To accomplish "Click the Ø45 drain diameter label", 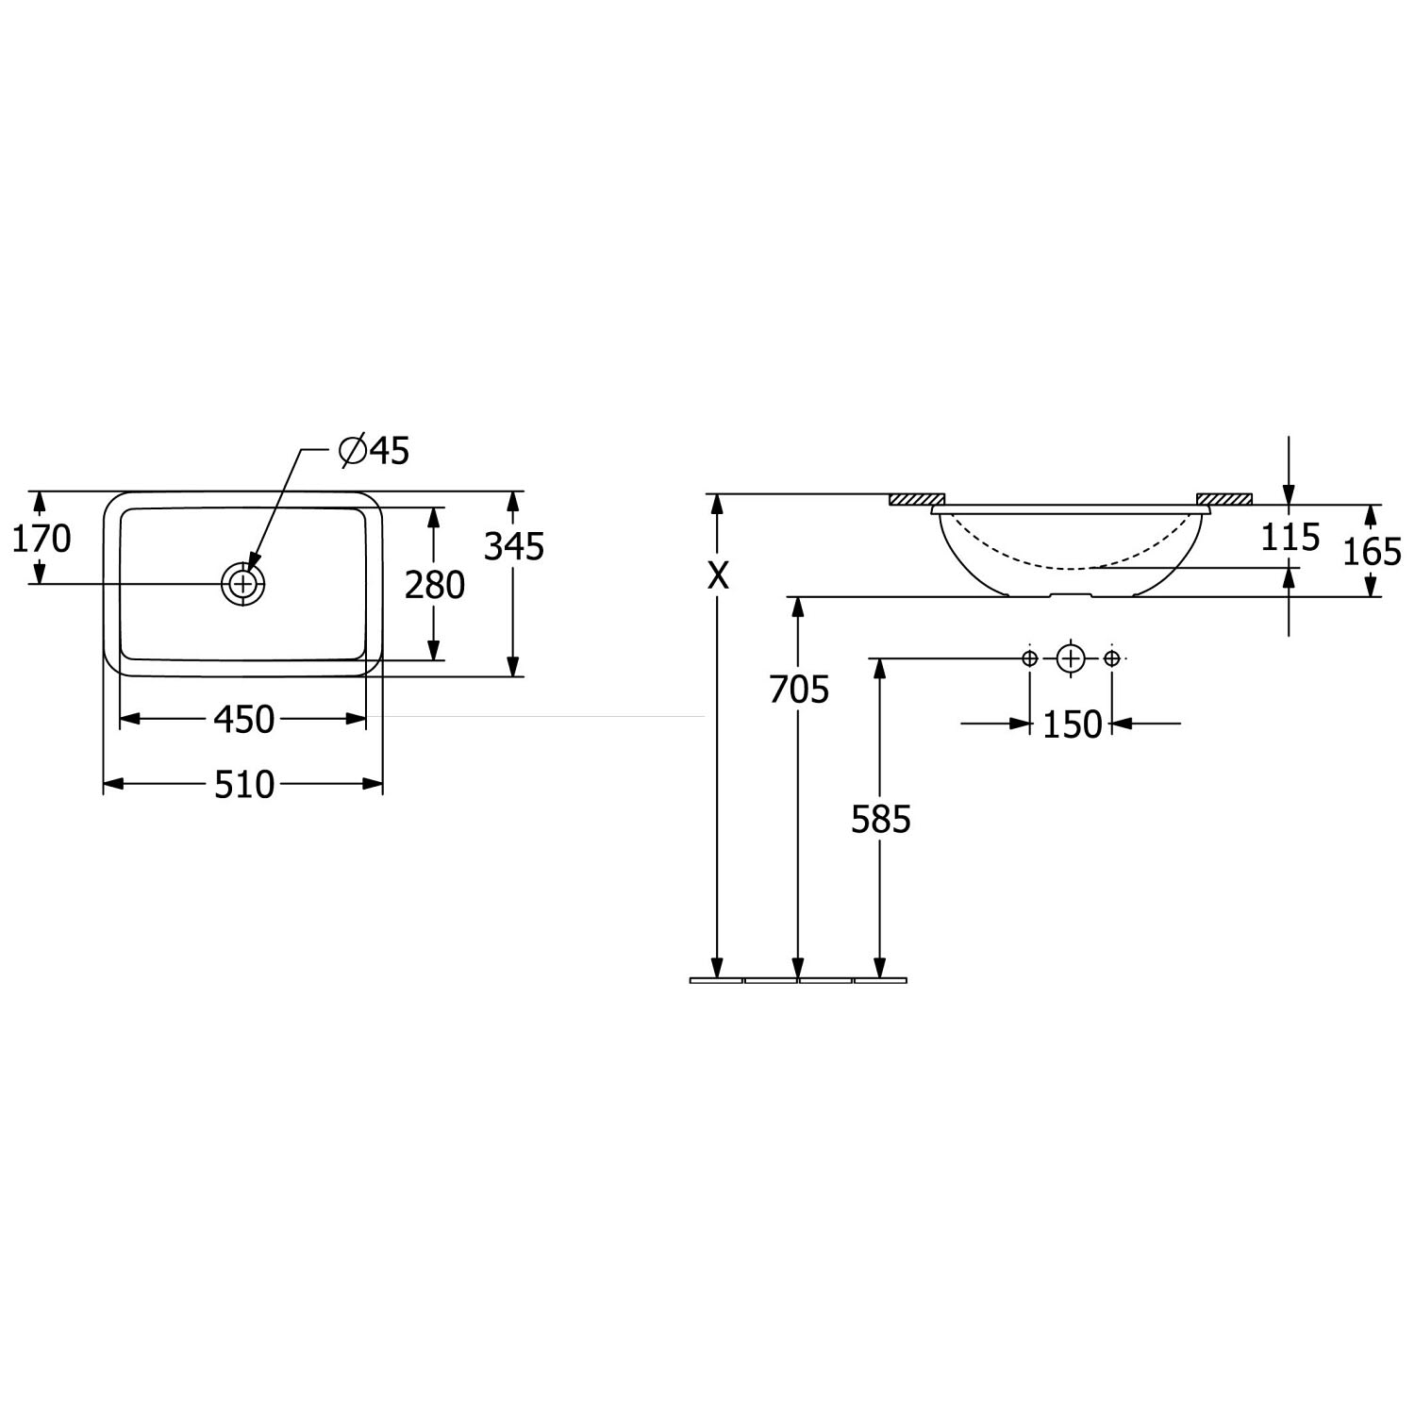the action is tap(375, 451).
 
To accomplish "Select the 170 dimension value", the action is tap(41, 539).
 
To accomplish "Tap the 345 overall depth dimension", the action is tap(514, 546).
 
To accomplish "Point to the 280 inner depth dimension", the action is tap(435, 585).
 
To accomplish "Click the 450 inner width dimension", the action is tap(243, 719).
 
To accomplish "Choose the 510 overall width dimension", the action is tap(243, 784).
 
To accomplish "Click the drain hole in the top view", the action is tap(243, 584).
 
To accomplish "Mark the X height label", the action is tap(719, 575).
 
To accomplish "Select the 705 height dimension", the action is tap(799, 690).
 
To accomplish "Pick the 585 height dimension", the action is tap(881, 820).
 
